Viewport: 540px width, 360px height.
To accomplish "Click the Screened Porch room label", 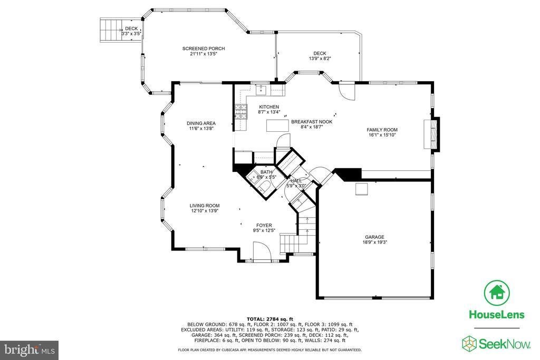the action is (204, 48).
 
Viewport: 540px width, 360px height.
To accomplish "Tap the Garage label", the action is (375, 237).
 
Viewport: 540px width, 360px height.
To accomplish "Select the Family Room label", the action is (382, 130).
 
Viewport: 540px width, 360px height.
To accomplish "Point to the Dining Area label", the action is (201, 123).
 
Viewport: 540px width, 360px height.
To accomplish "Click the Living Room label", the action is (205, 206).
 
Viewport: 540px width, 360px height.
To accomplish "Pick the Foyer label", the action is (264, 226).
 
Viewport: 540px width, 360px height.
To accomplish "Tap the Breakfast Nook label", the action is (312, 122).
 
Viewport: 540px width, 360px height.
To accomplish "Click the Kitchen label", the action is (269, 107).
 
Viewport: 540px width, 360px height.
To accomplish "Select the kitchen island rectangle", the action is (277, 125).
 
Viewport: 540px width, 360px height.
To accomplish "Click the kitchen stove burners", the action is (241, 112).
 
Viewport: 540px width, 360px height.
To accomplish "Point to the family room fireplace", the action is (432, 134).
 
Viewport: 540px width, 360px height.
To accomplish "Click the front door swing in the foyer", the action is (263, 251).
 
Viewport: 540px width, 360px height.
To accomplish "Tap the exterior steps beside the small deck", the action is (111, 30).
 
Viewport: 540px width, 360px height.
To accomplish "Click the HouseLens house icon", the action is (497, 293).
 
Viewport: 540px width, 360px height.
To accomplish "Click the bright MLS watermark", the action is (30, 351).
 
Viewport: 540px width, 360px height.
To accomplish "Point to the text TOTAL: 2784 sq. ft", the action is (269, 319).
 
